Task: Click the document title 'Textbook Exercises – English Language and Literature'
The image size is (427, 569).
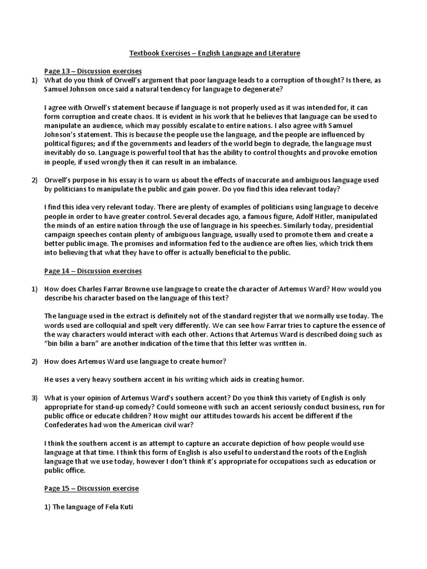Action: click(x=215, y=53)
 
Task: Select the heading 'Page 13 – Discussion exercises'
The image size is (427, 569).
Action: click(x=93, y=71)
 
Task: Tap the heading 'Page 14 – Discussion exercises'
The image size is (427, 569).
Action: click(x=93, y=271)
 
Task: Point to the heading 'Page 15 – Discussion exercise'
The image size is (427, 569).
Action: click(x=91, y=488)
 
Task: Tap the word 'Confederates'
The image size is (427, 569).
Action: click(x=67, y=425)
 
